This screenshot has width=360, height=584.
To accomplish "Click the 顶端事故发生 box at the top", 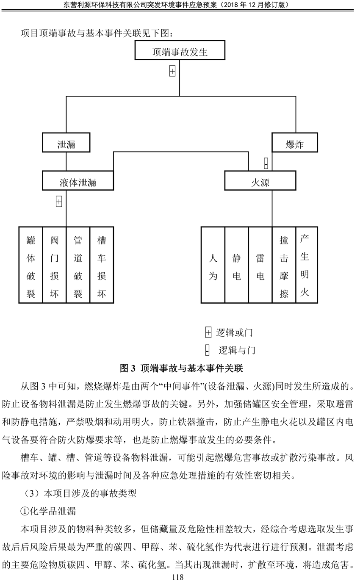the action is (180, 50).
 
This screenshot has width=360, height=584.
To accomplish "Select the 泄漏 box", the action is (66, 142).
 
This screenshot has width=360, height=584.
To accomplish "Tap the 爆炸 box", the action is (295, 142).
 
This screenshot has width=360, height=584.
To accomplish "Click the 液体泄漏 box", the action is (78, 180).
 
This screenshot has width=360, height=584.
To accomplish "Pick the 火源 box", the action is (260, 180).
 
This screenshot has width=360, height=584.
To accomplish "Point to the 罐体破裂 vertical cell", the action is (31, 265).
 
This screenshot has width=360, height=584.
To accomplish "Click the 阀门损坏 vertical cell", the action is (55, 265).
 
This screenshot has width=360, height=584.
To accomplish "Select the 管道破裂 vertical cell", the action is (78, 265).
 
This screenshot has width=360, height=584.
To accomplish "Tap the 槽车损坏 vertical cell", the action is (102, 265).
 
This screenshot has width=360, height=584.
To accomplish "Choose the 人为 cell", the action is (213, 265).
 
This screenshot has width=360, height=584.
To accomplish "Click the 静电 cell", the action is (237, 265).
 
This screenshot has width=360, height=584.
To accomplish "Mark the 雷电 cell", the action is (260, 265).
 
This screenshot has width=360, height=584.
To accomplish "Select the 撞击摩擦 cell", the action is (284, 265).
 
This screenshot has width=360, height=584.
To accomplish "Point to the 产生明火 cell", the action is (307, 265).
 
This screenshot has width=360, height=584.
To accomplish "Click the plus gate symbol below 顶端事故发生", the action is (172, 71).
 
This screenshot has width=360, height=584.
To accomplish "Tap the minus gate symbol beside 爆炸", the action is (266, 163).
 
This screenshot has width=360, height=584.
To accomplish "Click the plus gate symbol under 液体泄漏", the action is (59, 202).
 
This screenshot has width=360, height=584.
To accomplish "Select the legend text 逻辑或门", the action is (234, 333).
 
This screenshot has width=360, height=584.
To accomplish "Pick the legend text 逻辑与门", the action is (237, 350).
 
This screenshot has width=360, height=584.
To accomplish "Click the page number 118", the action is (178, 577).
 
